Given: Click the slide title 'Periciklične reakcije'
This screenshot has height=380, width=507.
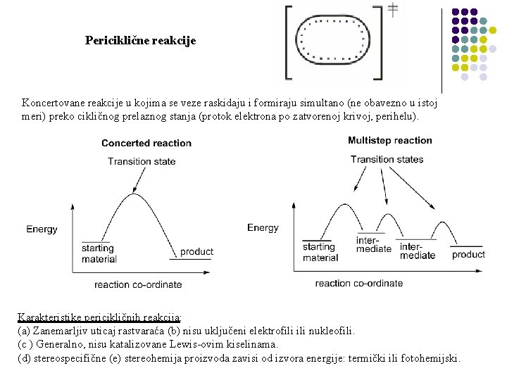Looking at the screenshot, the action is (141, 41).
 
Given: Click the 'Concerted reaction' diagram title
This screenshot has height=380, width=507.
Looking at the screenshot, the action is (146, 143).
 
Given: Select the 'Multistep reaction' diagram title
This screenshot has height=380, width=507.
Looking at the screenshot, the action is (390, 141).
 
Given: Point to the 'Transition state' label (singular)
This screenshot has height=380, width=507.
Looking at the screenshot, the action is (142, 161).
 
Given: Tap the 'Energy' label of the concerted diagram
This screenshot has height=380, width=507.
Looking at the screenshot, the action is (42, 229).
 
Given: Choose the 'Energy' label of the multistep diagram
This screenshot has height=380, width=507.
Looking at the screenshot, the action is (263, 227).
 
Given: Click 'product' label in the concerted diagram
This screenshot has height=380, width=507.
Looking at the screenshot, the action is (196, 251).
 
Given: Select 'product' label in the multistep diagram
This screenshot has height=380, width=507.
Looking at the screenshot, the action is (468, 254).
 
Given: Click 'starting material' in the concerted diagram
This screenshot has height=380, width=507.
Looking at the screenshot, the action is (98, 253).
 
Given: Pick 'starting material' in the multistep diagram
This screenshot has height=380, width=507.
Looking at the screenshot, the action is (320, 252).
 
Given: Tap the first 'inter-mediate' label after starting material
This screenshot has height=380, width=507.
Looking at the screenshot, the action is (373, 244).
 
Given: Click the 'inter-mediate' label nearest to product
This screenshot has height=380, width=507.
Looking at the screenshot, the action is (418, 251).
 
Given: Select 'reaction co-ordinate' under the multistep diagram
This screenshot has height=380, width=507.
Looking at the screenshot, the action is (359, 283).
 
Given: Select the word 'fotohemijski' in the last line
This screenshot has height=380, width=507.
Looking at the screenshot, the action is (430, 358).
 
